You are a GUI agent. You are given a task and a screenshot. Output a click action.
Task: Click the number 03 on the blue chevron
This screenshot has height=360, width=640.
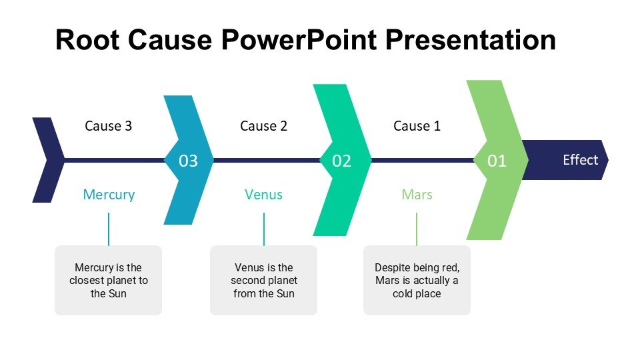[x=189, y=161]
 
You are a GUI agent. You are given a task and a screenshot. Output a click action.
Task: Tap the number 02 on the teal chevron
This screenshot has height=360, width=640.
[x=341, y=161]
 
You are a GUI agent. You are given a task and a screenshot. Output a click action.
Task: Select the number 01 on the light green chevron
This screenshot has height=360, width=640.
[x=497, y=161]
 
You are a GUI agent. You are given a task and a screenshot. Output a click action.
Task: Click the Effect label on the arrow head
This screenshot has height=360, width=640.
[x=580, y=160]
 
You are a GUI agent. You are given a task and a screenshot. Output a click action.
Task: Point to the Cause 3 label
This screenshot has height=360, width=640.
[x=109, y=125]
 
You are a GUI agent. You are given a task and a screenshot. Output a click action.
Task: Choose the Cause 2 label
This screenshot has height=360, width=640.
[x=263, y=125]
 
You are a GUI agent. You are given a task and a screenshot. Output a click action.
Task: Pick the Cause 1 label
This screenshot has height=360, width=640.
[x=417, y=125]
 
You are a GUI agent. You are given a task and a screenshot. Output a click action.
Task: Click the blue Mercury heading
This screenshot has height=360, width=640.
[x=109, y=195]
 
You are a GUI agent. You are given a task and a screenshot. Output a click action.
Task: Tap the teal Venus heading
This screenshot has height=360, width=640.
[x=263, y=195]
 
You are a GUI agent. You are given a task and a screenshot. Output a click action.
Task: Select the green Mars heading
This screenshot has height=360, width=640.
[x=417, y=195]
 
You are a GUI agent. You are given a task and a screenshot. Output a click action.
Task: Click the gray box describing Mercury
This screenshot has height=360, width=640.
[x=108, y=280]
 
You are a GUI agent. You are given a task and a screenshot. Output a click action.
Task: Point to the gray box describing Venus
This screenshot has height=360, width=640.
[x=263, y=280]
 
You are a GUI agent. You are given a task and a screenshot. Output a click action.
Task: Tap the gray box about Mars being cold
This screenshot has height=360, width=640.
[x=417, y=280]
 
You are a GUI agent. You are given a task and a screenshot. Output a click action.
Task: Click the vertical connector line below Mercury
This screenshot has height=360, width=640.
[x=109, y=229]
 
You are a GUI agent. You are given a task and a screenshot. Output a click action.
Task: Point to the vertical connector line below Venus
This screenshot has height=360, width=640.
[x=264, y=229]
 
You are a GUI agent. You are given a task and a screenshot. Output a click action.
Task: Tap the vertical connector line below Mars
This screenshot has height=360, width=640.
[x=417, y=229]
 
